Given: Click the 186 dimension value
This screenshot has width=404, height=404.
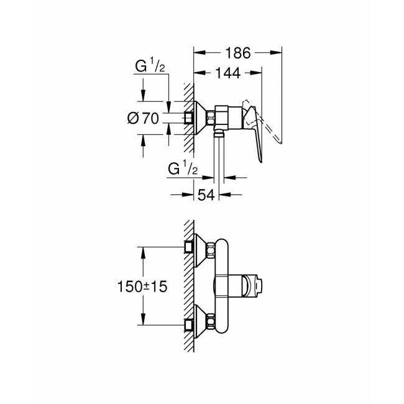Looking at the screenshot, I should point(238,53).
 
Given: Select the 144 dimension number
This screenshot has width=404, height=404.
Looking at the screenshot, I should point(229,73).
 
